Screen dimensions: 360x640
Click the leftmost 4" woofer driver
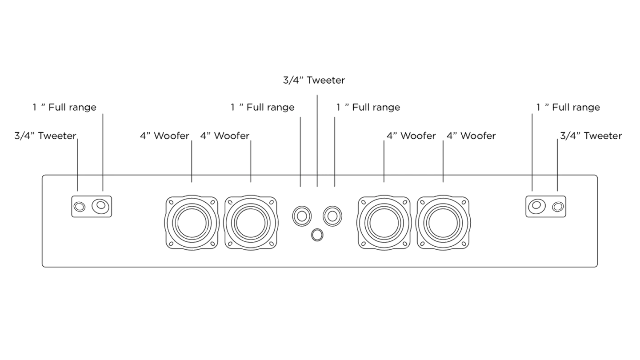coord(191,222)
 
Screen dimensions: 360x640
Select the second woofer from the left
coord(252,222)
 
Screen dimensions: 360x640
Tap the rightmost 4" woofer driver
coord(443,222)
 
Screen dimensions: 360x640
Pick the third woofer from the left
coord(384,222)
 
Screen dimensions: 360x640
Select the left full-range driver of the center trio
coord(302,216)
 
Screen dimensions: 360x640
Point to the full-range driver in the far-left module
coord(101,206)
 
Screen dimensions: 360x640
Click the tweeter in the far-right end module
coord(557,207)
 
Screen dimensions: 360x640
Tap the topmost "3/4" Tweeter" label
coord(314,80)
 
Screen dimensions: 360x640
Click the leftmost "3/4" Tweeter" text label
coord(45,136)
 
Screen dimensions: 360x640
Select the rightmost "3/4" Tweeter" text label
coord(590,136)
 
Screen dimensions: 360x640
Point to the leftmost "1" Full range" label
coord(64,108)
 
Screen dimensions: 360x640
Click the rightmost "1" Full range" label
coord(568,108)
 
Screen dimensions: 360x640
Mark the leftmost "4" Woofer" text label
coord(164,136)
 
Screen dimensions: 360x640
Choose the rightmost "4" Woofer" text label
coord(471,136)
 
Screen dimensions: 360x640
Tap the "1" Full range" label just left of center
coord(262,108)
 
